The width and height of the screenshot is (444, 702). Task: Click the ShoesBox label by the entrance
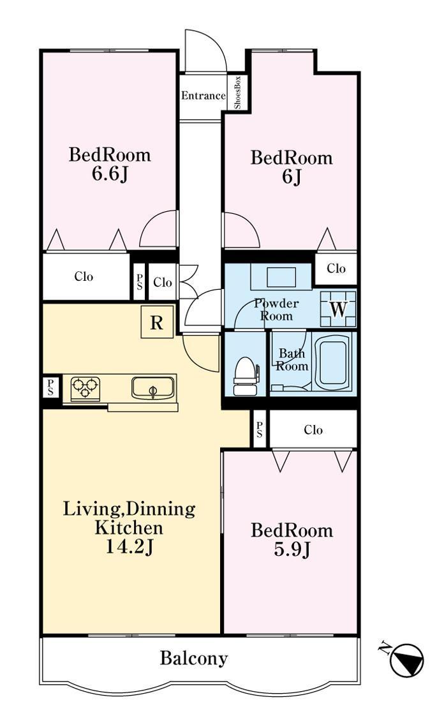[238, 93]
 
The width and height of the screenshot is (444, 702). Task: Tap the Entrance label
[204, 95]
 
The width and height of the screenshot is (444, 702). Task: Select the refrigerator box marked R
[157, 322]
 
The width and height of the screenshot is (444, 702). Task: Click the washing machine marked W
[338, 308]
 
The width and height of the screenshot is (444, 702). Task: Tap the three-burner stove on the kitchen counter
[85, 388]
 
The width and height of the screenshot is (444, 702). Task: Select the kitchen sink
[153, 388]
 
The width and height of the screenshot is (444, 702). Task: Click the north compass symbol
[406, 659]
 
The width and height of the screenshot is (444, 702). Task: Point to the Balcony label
[194, 658]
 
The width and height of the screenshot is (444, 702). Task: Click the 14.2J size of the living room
[129, 547]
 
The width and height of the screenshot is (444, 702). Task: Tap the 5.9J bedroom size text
[292, 549]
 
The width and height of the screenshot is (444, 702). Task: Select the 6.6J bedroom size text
[110, 174]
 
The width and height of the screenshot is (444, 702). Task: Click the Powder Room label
[276, 310]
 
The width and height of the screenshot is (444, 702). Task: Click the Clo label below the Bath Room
[313, 429]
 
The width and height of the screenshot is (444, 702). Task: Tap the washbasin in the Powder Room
[281, 277]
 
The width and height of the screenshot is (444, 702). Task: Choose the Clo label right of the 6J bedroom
[336, 268]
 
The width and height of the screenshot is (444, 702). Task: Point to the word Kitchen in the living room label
[128, 528]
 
